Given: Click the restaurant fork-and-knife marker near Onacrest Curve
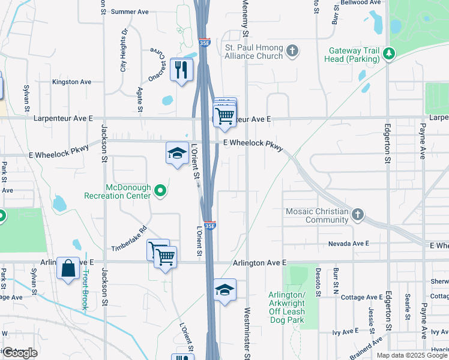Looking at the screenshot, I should [x=180, y=70].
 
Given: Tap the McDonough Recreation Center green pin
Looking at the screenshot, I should [x=160, y=191].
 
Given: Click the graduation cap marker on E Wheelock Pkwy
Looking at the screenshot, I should [x=177, y=153].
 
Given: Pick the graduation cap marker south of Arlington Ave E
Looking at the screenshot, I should [x=224, y=290].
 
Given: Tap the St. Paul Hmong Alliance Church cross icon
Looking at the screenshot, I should [x=292, y=50].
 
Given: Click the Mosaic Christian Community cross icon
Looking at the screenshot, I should [x=358, y=214].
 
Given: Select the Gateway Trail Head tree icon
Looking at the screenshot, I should [x=390, y=53].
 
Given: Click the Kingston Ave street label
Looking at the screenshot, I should [x=71, y=82].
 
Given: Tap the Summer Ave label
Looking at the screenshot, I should [x=130, y=11].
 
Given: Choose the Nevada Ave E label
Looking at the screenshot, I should [x=348, y=244].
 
